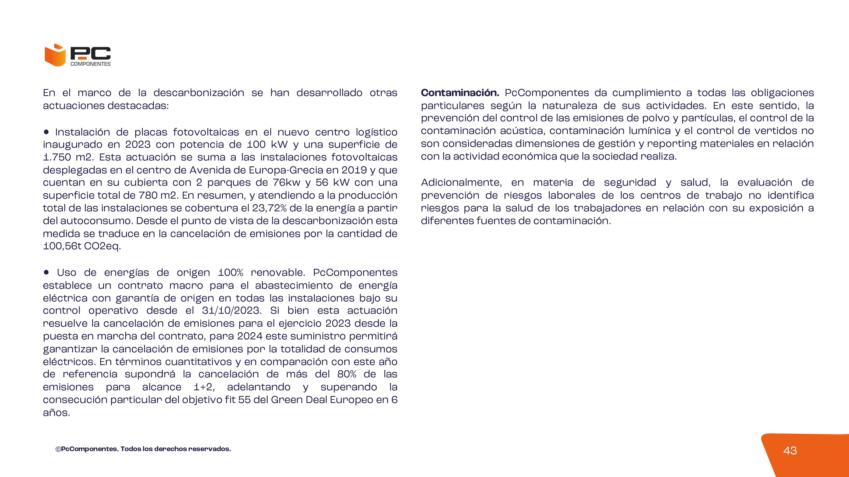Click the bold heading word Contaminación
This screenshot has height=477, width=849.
point(460,93)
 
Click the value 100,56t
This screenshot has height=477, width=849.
point(62,246)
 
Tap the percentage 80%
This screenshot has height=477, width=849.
point(347,374)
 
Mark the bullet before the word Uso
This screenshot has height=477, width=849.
point(46,272)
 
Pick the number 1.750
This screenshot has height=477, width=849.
point(56,157)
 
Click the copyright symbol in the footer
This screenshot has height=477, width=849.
point(58,449)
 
